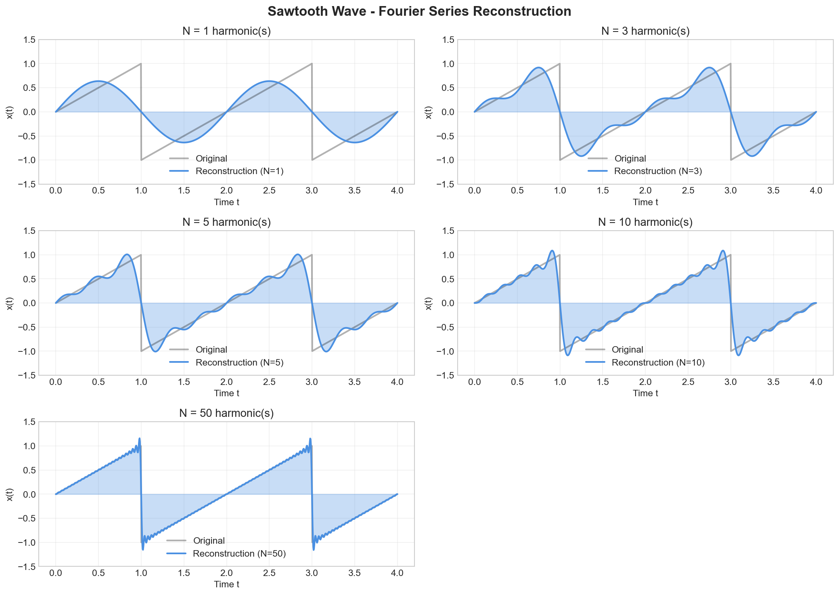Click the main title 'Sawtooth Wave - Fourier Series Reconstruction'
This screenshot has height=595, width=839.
tap(419, 11)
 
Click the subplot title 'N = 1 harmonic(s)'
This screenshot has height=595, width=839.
tap(226, 31)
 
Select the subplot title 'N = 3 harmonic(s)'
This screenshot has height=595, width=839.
tap(645, 31)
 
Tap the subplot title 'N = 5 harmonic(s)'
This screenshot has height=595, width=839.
tap(226, 222)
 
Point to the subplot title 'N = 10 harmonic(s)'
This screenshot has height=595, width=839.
tap(645, 222)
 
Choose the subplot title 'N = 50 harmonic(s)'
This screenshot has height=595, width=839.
tap(226, 413)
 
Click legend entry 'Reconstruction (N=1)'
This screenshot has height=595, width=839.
tap(239, 171)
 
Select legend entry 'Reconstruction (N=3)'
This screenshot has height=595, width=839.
tap(658, 171)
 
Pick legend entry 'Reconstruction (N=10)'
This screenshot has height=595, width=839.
tap(658, 362)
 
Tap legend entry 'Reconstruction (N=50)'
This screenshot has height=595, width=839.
tap(239, 553)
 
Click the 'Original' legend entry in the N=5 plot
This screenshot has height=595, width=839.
tap(211, 350)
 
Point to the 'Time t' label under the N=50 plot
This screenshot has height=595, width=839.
tap(226, 584)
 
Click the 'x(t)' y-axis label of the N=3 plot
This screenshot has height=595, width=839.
tap(429, 112)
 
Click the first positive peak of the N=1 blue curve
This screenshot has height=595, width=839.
tap(98, 81)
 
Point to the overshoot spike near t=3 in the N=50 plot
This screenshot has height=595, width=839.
tap(310, 439)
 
